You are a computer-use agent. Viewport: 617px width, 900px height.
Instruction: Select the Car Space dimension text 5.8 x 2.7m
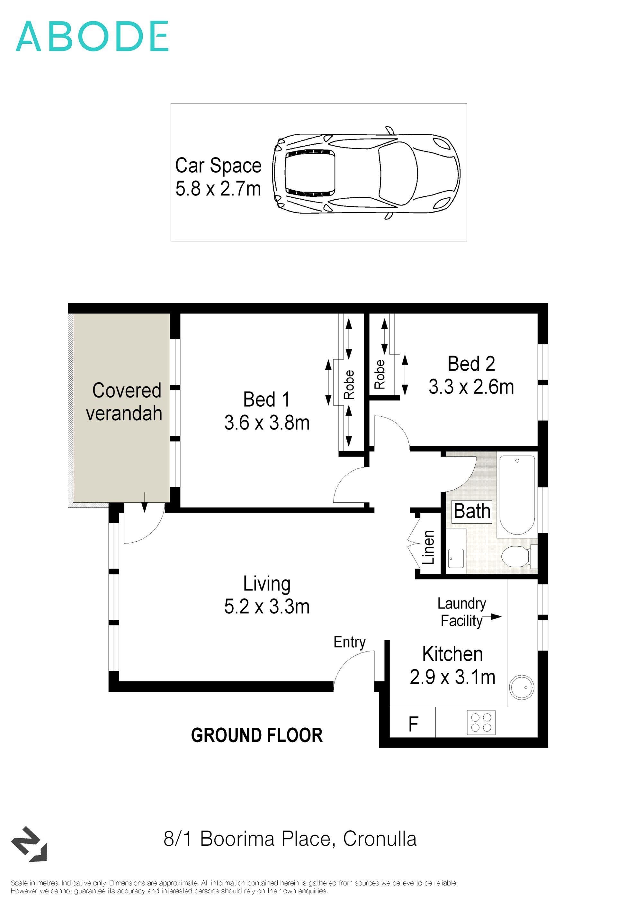(x=218, y=189)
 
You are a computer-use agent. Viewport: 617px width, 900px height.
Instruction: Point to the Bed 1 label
(x=267, y=399)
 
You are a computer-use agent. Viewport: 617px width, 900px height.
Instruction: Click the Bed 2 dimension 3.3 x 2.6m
(x=471, y=387)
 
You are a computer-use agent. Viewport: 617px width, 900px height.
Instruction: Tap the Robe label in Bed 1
(x=349, y=384)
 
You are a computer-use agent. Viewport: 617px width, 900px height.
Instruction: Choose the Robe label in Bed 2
(x=379, y=374)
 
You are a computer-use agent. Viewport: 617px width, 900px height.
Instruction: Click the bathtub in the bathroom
(x=517, y=495)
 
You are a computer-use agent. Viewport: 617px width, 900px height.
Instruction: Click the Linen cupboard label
(x=428, y=547)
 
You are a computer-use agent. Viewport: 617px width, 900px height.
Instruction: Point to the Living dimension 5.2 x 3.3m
(x=267, y=607)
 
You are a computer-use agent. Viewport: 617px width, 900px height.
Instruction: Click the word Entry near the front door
(x=350, y=643)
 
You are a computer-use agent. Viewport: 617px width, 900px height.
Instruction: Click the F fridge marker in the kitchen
(x=413, y=724)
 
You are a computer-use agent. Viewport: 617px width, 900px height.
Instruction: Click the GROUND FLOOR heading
(x=257, y=735)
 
